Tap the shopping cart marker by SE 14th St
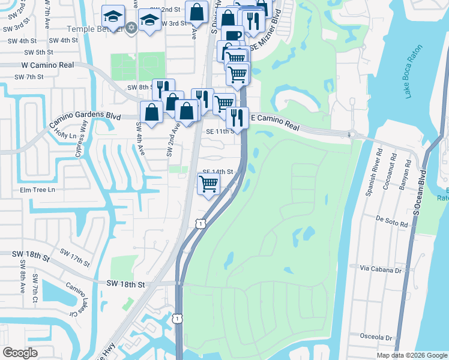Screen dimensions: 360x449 208,184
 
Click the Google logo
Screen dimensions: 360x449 20,353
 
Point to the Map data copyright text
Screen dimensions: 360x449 411,355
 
